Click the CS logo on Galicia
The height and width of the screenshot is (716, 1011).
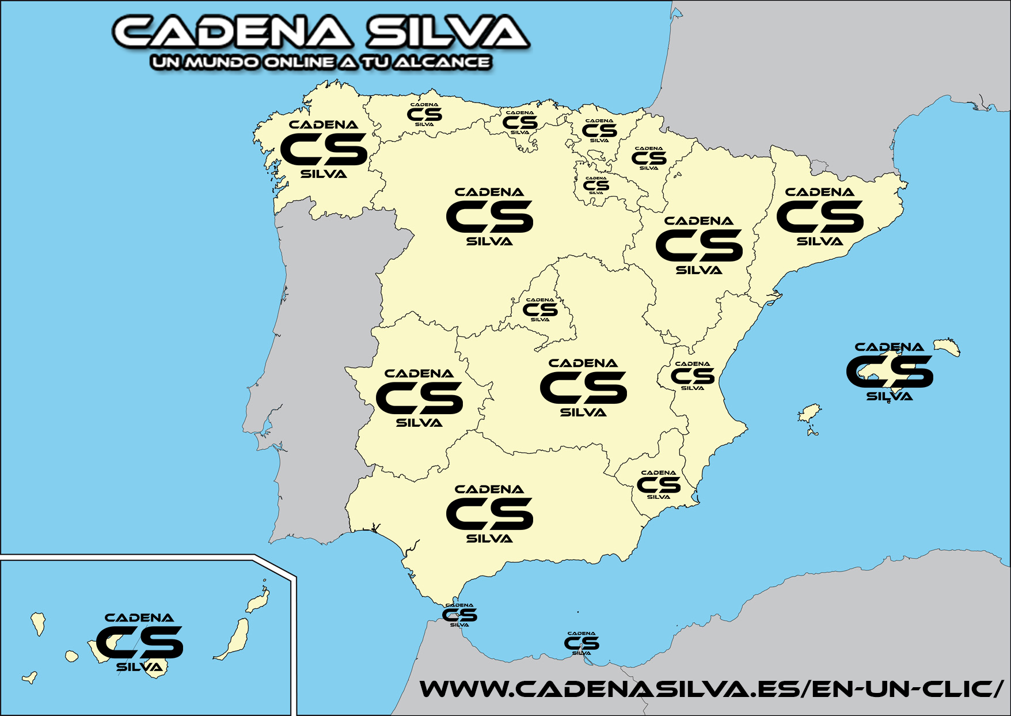pyautogui.click(x=324, y=149)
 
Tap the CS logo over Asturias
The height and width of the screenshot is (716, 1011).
pyautogui.click(x=424, y=115)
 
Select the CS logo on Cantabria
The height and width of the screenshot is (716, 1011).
pyautogui.click(x=520, y=123)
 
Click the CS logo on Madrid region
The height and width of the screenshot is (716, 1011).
pyautogui.click(x=540, y=310)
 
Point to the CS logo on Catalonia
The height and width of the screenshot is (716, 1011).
pyautogui.click(x=820, y=217)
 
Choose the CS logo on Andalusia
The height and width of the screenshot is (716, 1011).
pyautogui.click(x=489, y=514)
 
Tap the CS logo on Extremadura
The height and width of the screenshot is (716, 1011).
pyautogui.click(x=419, y=398)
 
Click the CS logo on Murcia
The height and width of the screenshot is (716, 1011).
pyautogui.click(x=659, y=485)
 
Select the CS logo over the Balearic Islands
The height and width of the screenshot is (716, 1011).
pyautogui.click(x=890, y=372)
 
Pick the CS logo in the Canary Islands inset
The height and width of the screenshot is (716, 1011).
pyautogui.click(x=139, y=642)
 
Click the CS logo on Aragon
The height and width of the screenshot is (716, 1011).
pyautogui.click(x=699, y=245)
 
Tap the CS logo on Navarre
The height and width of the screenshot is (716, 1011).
pyautogui.click(x=649, y=158)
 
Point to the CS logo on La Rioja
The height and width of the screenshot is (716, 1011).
pyautogui.click(x=596, y=185)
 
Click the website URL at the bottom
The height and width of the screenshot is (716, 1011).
pyautogui.click(x=712, y=688)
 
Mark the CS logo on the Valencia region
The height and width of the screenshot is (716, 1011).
pyautogui.click(x=693, y=376)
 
